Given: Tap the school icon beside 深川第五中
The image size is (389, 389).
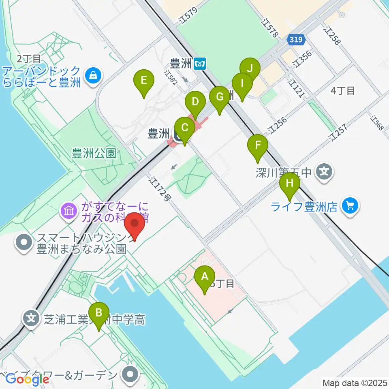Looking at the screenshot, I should (x=324, y=172).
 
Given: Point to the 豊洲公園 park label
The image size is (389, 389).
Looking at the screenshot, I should (x=94, y=153).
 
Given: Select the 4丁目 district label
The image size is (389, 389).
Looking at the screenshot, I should (x=342, y=91).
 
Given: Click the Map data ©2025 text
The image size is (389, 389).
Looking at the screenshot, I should (x=355, y=383).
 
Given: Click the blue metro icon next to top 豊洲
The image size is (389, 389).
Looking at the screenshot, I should (x=200, y=63).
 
